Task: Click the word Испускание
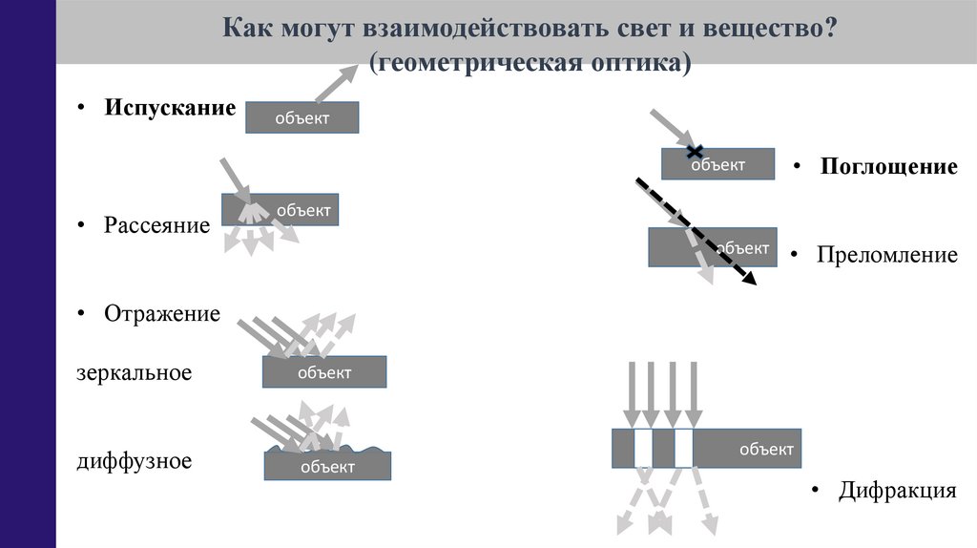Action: tap(170, 108)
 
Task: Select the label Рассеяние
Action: tap(156, 226)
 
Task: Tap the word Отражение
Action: tap(162, 313)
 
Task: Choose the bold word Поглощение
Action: tap(888, 167)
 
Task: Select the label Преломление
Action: tap(886, 255)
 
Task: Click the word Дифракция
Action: tap(897, 492)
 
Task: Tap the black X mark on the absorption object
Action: tap(696, 151)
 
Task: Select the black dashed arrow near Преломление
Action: tap(695, 231)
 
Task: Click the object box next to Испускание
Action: tap(301, 117)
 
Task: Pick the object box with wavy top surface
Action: tap(327, 465)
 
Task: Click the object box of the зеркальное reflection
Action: tap(324, 371)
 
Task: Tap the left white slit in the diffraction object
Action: tap(643, 448)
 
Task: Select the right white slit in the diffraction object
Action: tap(683, 448)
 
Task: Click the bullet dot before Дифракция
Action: tap(816, 491)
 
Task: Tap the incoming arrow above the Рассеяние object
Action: tap(232, 178)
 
